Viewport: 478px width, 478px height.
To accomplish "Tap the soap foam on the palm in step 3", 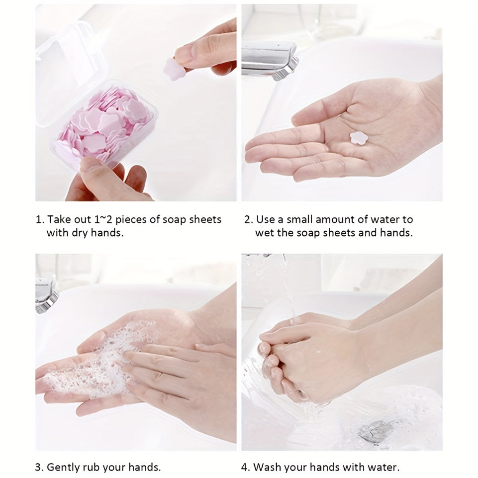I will tap(95, 363).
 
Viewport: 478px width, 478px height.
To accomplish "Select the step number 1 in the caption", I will tap(38, 219).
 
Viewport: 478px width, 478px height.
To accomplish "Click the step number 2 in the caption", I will tap(246, 219).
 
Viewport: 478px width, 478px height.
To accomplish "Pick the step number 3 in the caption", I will tap(38, 467).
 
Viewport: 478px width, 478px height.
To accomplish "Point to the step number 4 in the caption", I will tap(245, 467).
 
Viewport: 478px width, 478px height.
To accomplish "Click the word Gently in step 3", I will tap(64, 468).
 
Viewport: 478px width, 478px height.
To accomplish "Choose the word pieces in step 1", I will tap(136, 220).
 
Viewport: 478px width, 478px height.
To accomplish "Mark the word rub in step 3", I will tap(95, 467).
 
